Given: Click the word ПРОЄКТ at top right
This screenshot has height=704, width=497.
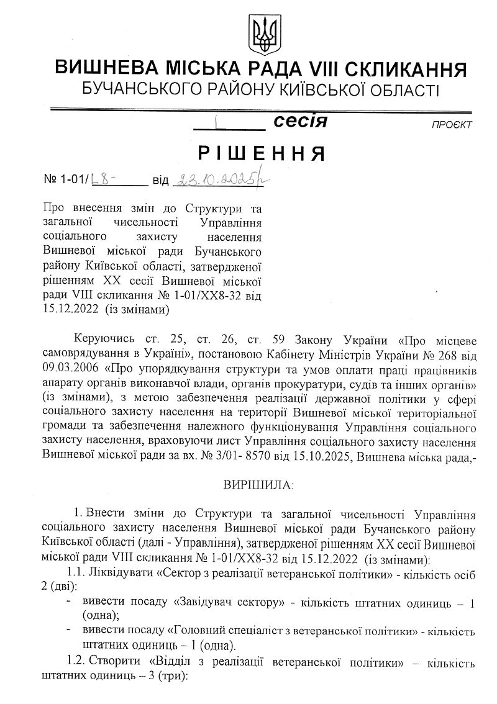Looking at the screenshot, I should tap(452, 125).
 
